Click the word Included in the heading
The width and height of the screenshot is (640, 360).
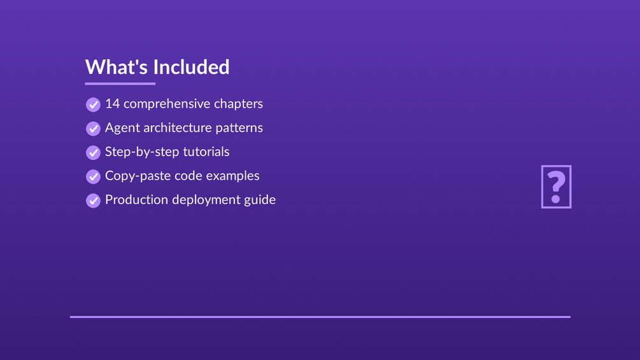click(x=192, y=67)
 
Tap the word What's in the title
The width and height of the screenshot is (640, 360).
click(x=117, y=67)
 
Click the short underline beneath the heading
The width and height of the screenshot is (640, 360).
click(x=120, y=83)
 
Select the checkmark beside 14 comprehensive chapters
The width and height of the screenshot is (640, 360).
click(x=93, y=104)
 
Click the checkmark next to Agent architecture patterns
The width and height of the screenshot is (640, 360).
click(x=93, y=129)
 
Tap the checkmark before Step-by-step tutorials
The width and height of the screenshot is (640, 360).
click(x=93, y=153)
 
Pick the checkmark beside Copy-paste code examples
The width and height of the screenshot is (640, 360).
click(x=93, y=176)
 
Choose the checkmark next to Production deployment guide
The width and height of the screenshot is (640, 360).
click(x=93, y=201)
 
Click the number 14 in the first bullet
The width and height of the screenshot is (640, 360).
click(x=113, y=104)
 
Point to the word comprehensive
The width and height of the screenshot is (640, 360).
click(x=167, y=104)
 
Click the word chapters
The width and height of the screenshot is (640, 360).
click(x=238, y=104)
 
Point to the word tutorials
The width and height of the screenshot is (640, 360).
click(x=206, y=152)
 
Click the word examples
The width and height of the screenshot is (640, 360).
click(x=232, y=176)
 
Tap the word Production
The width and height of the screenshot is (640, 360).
click(x=137, y=199)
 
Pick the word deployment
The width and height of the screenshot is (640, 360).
click(x=206, y=200)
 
